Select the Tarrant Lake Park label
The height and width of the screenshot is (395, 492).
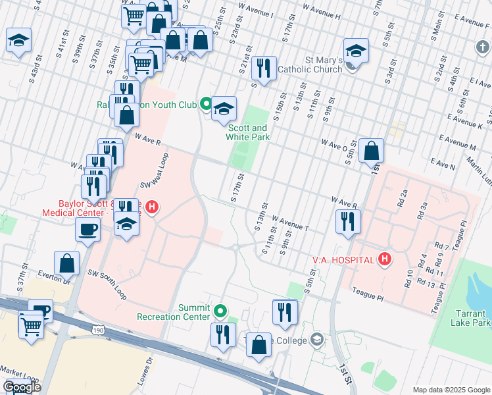pyautogui.click(x=471, y=318)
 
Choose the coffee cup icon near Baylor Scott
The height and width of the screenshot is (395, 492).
pyautogui.click(x=87, y=228)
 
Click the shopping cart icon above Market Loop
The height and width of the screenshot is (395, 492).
pyautogui.click(x=31, y=325)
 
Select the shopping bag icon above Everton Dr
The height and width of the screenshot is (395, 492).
pyautogui.click(x=67, y=263)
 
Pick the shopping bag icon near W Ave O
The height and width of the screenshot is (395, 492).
pyautogui.click(x=372, y=149)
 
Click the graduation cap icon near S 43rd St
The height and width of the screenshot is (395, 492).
pyautogui.click(x=18, y=40)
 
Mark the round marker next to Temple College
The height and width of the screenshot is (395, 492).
pyautogui.click(x=317, y=340)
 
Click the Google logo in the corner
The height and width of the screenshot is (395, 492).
pyautogui.click(x=22, y=387)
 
